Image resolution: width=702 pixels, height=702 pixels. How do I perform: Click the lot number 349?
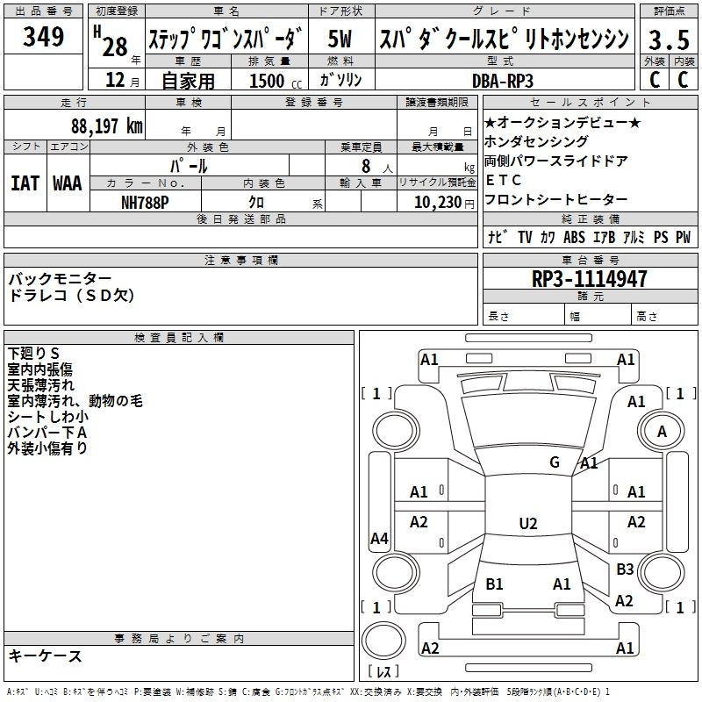(43, 37)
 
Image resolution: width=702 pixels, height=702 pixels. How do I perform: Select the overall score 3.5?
(668, 39)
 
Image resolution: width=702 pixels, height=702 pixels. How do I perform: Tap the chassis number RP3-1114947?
(590, 279)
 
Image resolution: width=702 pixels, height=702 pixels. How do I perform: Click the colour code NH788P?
(145, 202)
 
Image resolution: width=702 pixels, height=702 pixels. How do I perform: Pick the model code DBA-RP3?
(503, 80)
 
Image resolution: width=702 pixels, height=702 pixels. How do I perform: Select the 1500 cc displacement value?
(270, 81)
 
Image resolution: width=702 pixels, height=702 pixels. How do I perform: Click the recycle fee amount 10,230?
(435, 202)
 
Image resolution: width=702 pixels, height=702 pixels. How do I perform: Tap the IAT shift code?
(25, 183)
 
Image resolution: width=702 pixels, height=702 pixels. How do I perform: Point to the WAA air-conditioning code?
(67, 183)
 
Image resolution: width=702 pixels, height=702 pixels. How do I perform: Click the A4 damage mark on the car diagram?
(379, 539)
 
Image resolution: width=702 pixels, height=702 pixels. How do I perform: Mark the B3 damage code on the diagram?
(625, 569)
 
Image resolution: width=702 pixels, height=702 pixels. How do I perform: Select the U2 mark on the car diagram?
(527, 524)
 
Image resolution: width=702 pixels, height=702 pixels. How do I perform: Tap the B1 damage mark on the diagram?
(494, 584)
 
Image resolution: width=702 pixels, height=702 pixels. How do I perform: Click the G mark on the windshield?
(554, 462)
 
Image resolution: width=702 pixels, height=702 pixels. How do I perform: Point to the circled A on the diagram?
(663, 432)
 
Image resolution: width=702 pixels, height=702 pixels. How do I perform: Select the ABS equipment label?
(574, 237)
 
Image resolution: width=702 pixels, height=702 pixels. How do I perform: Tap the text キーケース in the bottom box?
(46, 655)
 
